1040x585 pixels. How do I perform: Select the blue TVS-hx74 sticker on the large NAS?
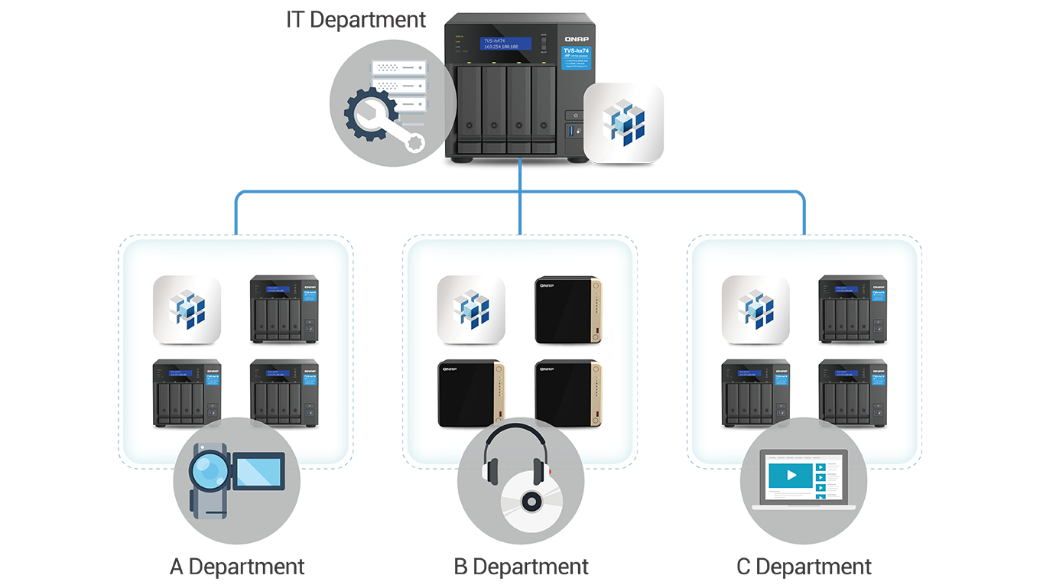pyautogui.click(x=575, y=58)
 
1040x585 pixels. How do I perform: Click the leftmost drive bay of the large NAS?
pyautogui.click(x=469, y=109)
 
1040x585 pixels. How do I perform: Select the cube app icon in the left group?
pyautogui.click(x=187, y=309)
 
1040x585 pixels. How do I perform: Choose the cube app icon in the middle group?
pyautogui.click(x=471, y=309)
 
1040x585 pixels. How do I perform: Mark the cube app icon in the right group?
pyautogui.click(x=756, y=309)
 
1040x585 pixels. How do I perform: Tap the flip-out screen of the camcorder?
pyautogui.click(x=260, y=470)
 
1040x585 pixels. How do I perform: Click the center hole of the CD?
pyautogui.click(x=528, y=502)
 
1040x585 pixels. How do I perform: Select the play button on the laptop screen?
pyautogui.click(x=791, y=475)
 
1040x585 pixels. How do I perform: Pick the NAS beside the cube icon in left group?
pyautogui.click(x=284, y=308)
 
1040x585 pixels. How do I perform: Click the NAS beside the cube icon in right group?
pyautogui.click(x=853, y=308)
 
